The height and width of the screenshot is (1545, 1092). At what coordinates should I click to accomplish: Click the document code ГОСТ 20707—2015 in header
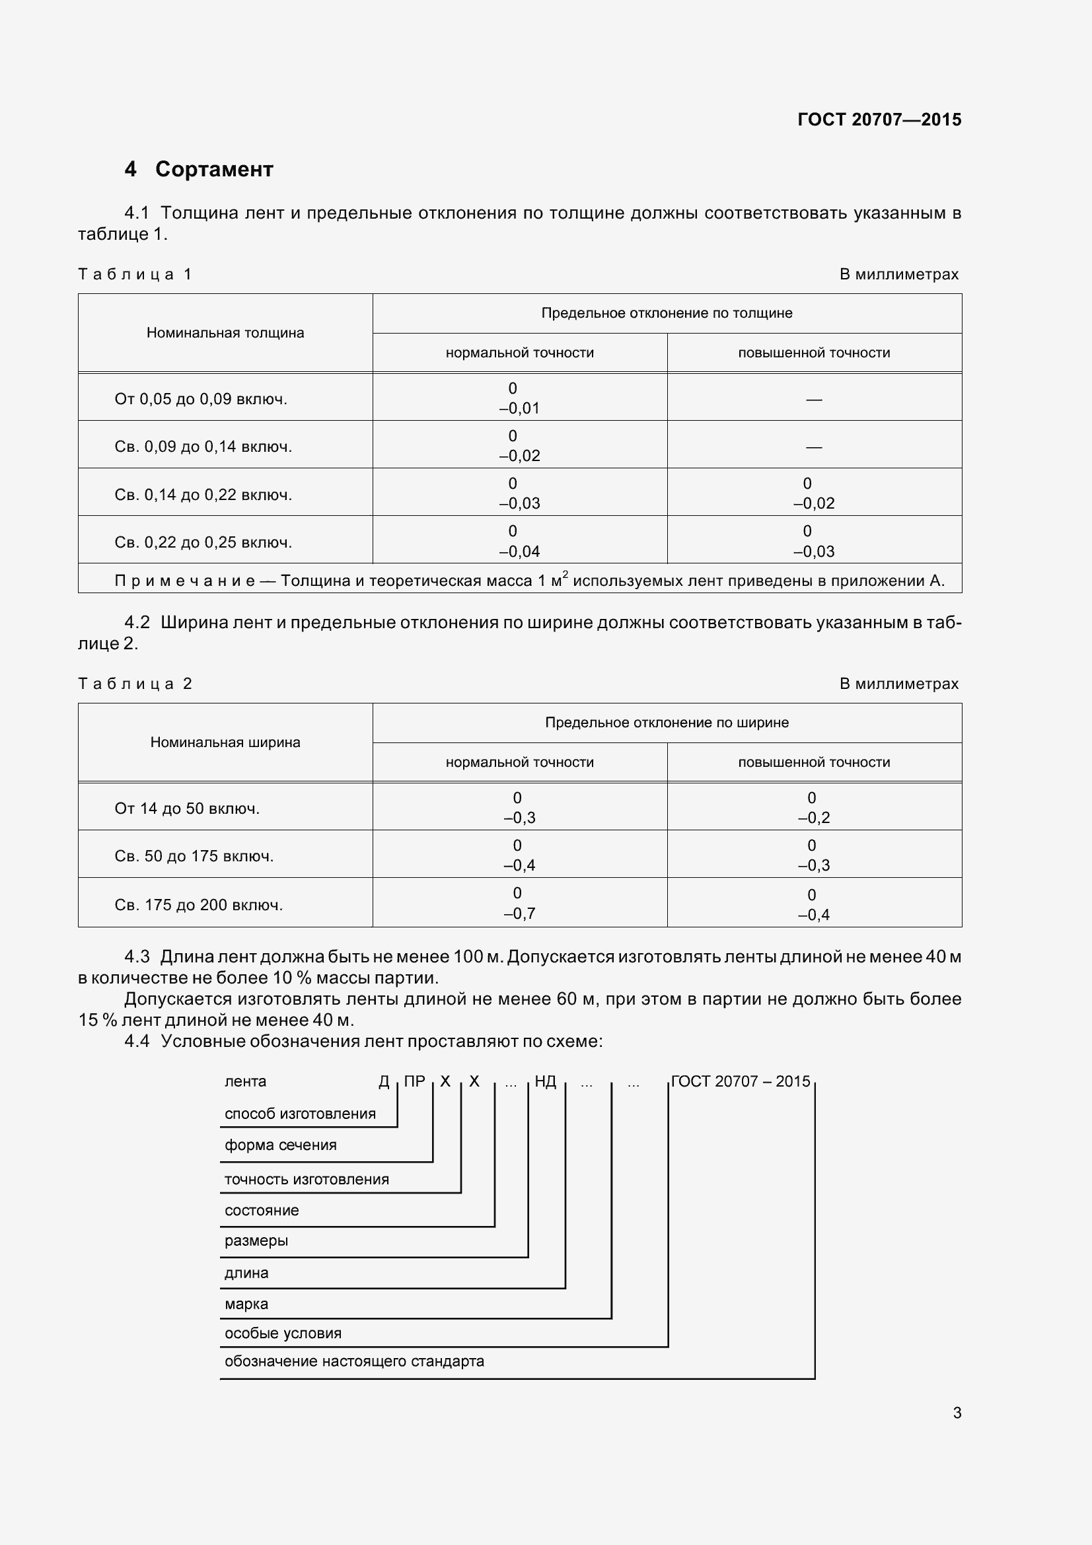[x=879, y=120]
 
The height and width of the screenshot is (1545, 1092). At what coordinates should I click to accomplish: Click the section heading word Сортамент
[x=214, y=169]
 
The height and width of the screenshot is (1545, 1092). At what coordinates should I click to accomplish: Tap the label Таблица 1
[x=135, y=275]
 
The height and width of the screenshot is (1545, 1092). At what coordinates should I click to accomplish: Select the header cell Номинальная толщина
[x=225, y=333]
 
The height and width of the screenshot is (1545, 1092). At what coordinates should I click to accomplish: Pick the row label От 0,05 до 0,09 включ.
[x=201, y=399]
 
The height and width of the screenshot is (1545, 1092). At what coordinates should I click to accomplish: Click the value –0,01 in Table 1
[x=519, y=408]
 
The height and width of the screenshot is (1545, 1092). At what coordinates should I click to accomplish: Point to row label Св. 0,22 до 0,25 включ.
[x=203, y=542]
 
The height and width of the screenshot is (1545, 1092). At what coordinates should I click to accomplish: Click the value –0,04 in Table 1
[x=519, y=552]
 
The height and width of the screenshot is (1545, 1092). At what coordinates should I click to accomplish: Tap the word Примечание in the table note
[x=185, y=581]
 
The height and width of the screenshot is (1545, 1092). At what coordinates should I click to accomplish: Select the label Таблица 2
[x=135, y=684]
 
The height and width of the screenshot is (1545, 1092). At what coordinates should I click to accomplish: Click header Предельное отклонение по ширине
[x=666, y=723]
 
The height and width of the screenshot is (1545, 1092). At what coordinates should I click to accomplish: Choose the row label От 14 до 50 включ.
[x=187, y=809]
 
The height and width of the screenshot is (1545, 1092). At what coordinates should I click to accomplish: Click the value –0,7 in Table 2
[x=519, y=914]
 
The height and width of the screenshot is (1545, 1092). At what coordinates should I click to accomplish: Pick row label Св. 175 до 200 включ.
[x=198, y=905]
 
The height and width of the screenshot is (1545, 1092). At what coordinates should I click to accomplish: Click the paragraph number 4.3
[x=137, y=956]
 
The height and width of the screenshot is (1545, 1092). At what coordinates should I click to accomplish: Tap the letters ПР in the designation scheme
[x=414, y=1081]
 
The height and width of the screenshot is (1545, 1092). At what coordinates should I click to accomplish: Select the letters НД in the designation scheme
[x=545, y=1081]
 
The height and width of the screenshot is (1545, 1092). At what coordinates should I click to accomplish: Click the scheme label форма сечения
[x=281, y=1145]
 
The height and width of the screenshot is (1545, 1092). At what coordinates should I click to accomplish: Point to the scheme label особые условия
[x=283, y=1333]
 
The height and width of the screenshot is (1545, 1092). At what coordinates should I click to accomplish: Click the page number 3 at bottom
[x=957, y=1413]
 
